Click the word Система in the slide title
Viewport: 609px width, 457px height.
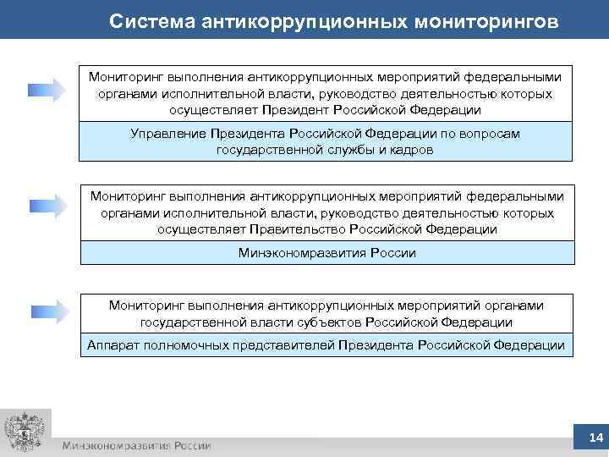(x=152, y=21)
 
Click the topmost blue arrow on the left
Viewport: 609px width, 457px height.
(x=47, y=89)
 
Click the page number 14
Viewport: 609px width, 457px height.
(x=595, y=438)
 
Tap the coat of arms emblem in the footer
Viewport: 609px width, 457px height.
(x=23, y=432)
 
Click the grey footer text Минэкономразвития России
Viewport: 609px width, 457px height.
(x=136, y=445)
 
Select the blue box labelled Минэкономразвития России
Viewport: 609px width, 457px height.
(x=326, y=253)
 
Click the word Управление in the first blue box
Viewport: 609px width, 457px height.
(x=165, y=135)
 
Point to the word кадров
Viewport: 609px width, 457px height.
(x=413, y=150)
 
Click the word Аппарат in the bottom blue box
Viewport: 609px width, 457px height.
(x=114, y=344)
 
